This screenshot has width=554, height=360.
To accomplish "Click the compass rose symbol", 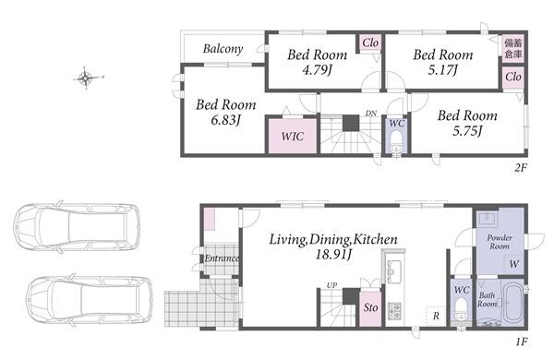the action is point(86,78).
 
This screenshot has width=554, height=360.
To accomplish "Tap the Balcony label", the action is point(223,49).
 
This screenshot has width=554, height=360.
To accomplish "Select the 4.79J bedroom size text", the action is point(317,70).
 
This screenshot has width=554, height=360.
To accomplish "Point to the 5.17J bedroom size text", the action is point(442,70).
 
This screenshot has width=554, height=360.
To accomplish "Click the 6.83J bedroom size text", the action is point(226,121).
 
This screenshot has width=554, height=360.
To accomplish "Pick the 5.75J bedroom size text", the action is point(467,131).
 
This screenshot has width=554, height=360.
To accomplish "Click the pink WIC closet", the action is point(293,136).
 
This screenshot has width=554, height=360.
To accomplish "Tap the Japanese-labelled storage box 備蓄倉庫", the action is point(513,49).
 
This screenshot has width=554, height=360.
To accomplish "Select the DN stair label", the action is point(370,114).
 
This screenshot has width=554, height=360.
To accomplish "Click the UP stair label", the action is point(331,284).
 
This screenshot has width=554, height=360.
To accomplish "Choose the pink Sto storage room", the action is point(370,307).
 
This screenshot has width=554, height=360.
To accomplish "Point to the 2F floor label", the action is point(521,167).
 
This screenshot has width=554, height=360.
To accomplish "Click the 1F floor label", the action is point(521,342).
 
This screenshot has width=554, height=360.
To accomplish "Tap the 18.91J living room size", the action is point(333,254).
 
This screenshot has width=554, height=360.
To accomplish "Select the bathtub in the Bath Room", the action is point(513,303).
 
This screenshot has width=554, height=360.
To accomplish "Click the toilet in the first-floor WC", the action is point(461,309).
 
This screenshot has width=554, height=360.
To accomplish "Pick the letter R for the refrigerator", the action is point(436,316).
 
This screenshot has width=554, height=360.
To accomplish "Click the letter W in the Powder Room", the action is point(514,264).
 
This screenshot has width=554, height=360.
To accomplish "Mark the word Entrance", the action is point(222,258).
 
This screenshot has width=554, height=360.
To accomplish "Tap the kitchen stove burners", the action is point(395,310).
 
